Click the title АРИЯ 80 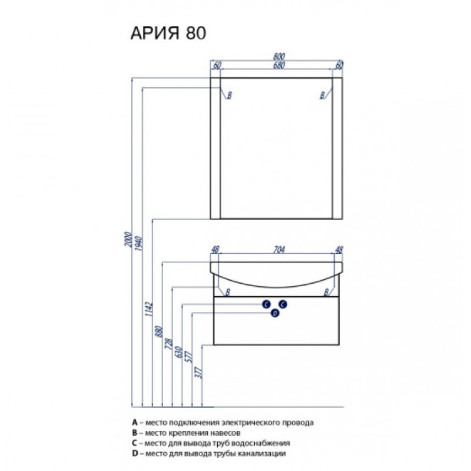click(168, 33)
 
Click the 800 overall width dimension click(279, 56)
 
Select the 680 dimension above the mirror click(279, 65)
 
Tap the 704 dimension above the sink click(279, 250)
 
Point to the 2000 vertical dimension click(128, 240)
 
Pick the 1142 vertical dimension click(150, 309)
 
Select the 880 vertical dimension click(159, 332)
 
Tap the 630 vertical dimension click(179, 352)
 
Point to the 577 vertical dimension click(189, 357)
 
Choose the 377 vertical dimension click(199, 373)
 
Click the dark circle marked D click(275, 314)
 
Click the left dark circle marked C click(266, 304)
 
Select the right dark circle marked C click(283, 304)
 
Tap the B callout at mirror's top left click(230, 95)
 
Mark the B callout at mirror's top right click(323, 95)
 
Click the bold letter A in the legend click(135, 423)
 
